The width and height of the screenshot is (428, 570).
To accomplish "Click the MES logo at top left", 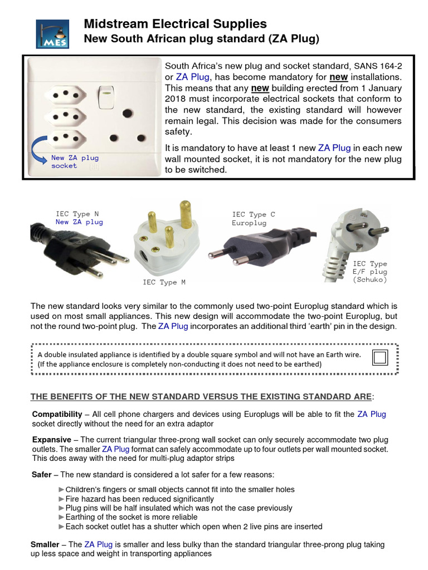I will click(52, 33).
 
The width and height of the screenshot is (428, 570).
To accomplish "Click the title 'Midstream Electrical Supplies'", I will click(175, 23).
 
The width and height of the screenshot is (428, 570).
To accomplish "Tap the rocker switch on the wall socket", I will click(104, 97).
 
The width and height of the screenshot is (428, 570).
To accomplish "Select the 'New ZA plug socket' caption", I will click(74, 161).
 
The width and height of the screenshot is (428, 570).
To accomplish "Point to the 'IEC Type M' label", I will click(164, 282).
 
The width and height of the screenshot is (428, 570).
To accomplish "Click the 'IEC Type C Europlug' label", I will click(254, 218).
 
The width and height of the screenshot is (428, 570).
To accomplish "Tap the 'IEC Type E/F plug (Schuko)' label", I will click(369, 272).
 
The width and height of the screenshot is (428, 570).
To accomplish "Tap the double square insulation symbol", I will click(381, 357).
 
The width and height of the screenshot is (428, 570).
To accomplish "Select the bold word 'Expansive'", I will click(51, 440).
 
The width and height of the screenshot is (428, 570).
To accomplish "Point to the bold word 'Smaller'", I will click(45, 544).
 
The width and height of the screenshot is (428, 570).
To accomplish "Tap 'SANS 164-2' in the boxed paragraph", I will click(376, 66).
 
